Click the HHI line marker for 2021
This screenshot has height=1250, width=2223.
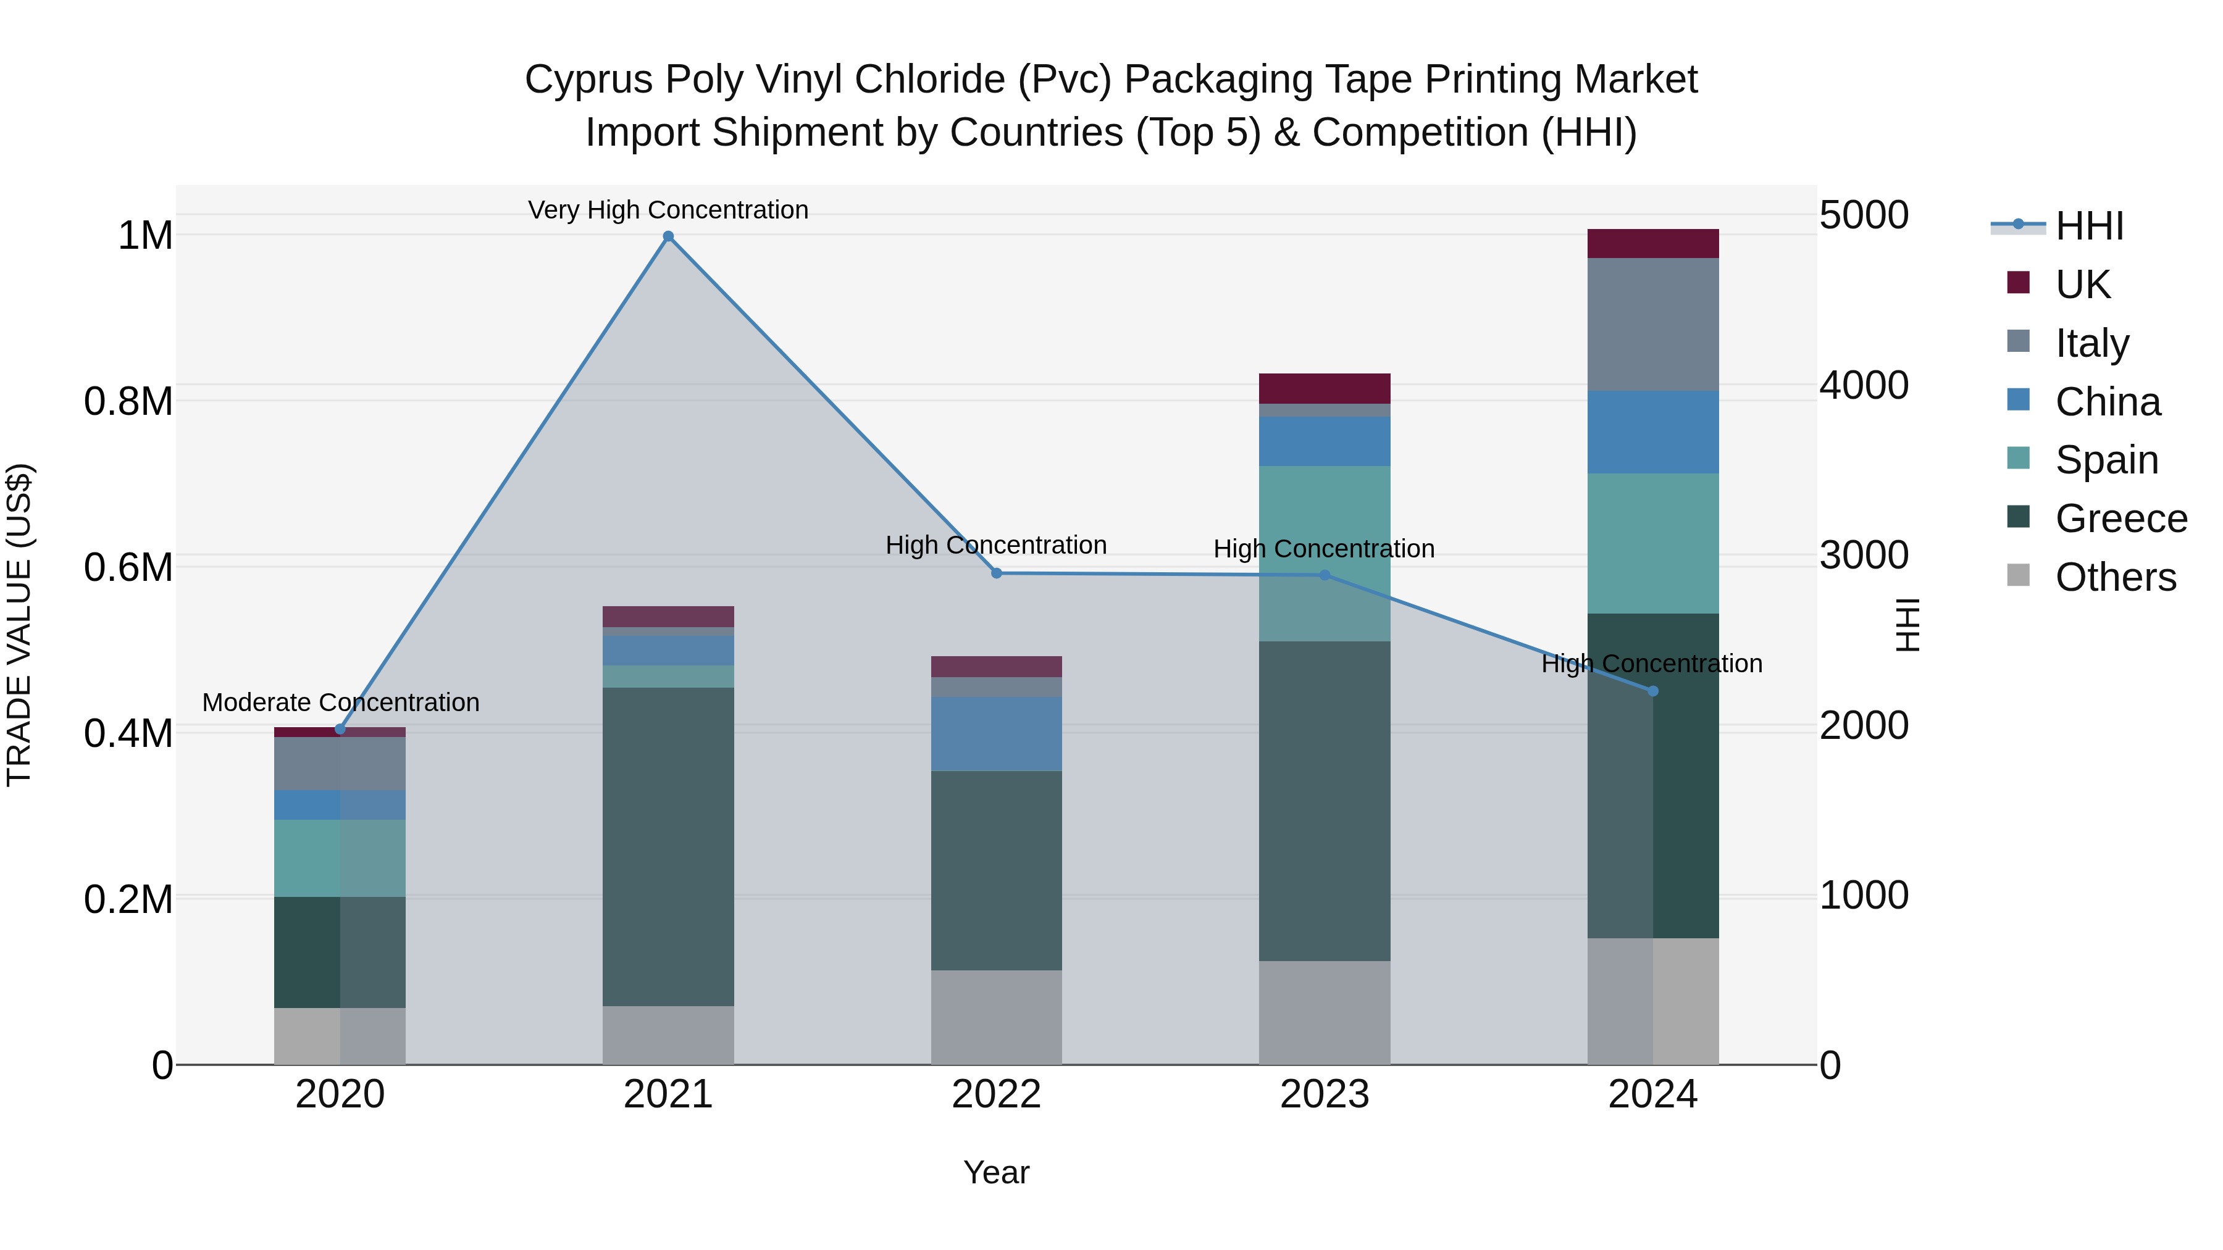668,236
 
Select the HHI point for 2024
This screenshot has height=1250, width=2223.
1652,691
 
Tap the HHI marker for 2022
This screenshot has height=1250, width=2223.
996,573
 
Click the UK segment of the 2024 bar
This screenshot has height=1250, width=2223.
1652,244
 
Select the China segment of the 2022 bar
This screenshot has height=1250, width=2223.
996,733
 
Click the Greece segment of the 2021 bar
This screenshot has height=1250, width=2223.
668,846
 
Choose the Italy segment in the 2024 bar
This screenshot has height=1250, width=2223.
1652,324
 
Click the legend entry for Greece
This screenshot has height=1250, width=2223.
2120,519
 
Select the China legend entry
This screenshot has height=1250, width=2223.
2108,402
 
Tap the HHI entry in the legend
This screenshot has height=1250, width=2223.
2088,226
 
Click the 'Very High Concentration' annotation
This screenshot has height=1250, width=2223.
668,210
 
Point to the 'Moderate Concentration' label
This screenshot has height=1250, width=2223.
340,703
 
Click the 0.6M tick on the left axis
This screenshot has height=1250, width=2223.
128,568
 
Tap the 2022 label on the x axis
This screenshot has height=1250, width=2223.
996,1094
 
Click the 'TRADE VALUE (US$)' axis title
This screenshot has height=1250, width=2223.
19,625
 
